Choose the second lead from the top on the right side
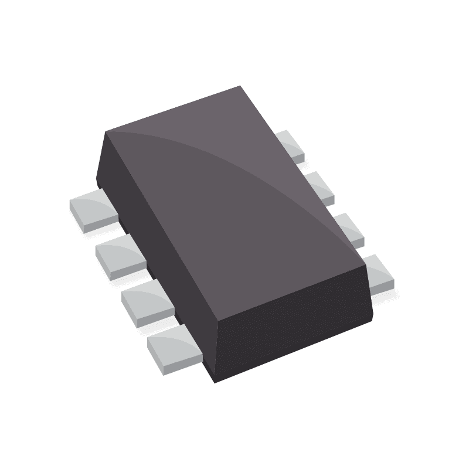point(320,188)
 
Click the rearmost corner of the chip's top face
point(241,86)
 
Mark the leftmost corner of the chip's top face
point(106,132)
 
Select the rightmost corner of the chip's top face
point(366,265)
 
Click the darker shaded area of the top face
point(223,235)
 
